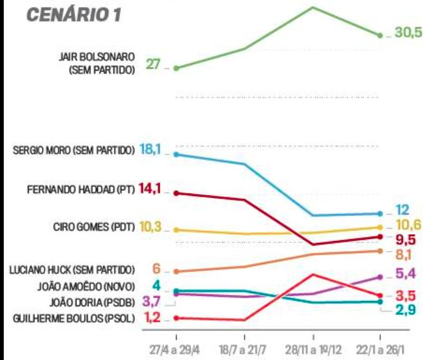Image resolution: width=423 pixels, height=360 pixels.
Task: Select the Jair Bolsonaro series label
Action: pos(102,64)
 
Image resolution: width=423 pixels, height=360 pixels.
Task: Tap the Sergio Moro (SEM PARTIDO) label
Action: pos(73,150)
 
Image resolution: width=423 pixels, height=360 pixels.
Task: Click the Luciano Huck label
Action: pos(72,270)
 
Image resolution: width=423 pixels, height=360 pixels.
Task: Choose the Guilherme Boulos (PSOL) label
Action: pos(73,319)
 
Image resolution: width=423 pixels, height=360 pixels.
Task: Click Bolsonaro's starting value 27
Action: pos(154,64)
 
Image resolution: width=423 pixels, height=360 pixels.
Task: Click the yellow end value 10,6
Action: pos(408,225)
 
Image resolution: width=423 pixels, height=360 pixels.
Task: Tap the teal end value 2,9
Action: pos(407,309)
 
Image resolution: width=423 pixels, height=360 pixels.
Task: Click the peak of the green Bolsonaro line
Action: pos(313,7)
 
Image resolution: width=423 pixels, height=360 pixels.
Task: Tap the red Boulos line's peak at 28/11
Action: pos(313,274)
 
